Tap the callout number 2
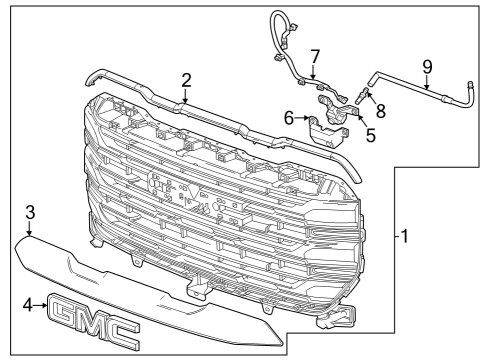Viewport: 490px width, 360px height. pos(186,80)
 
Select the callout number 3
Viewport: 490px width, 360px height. pos(30,212)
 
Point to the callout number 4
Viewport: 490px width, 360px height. pos(29,306)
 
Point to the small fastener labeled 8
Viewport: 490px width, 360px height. pos(365,94)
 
